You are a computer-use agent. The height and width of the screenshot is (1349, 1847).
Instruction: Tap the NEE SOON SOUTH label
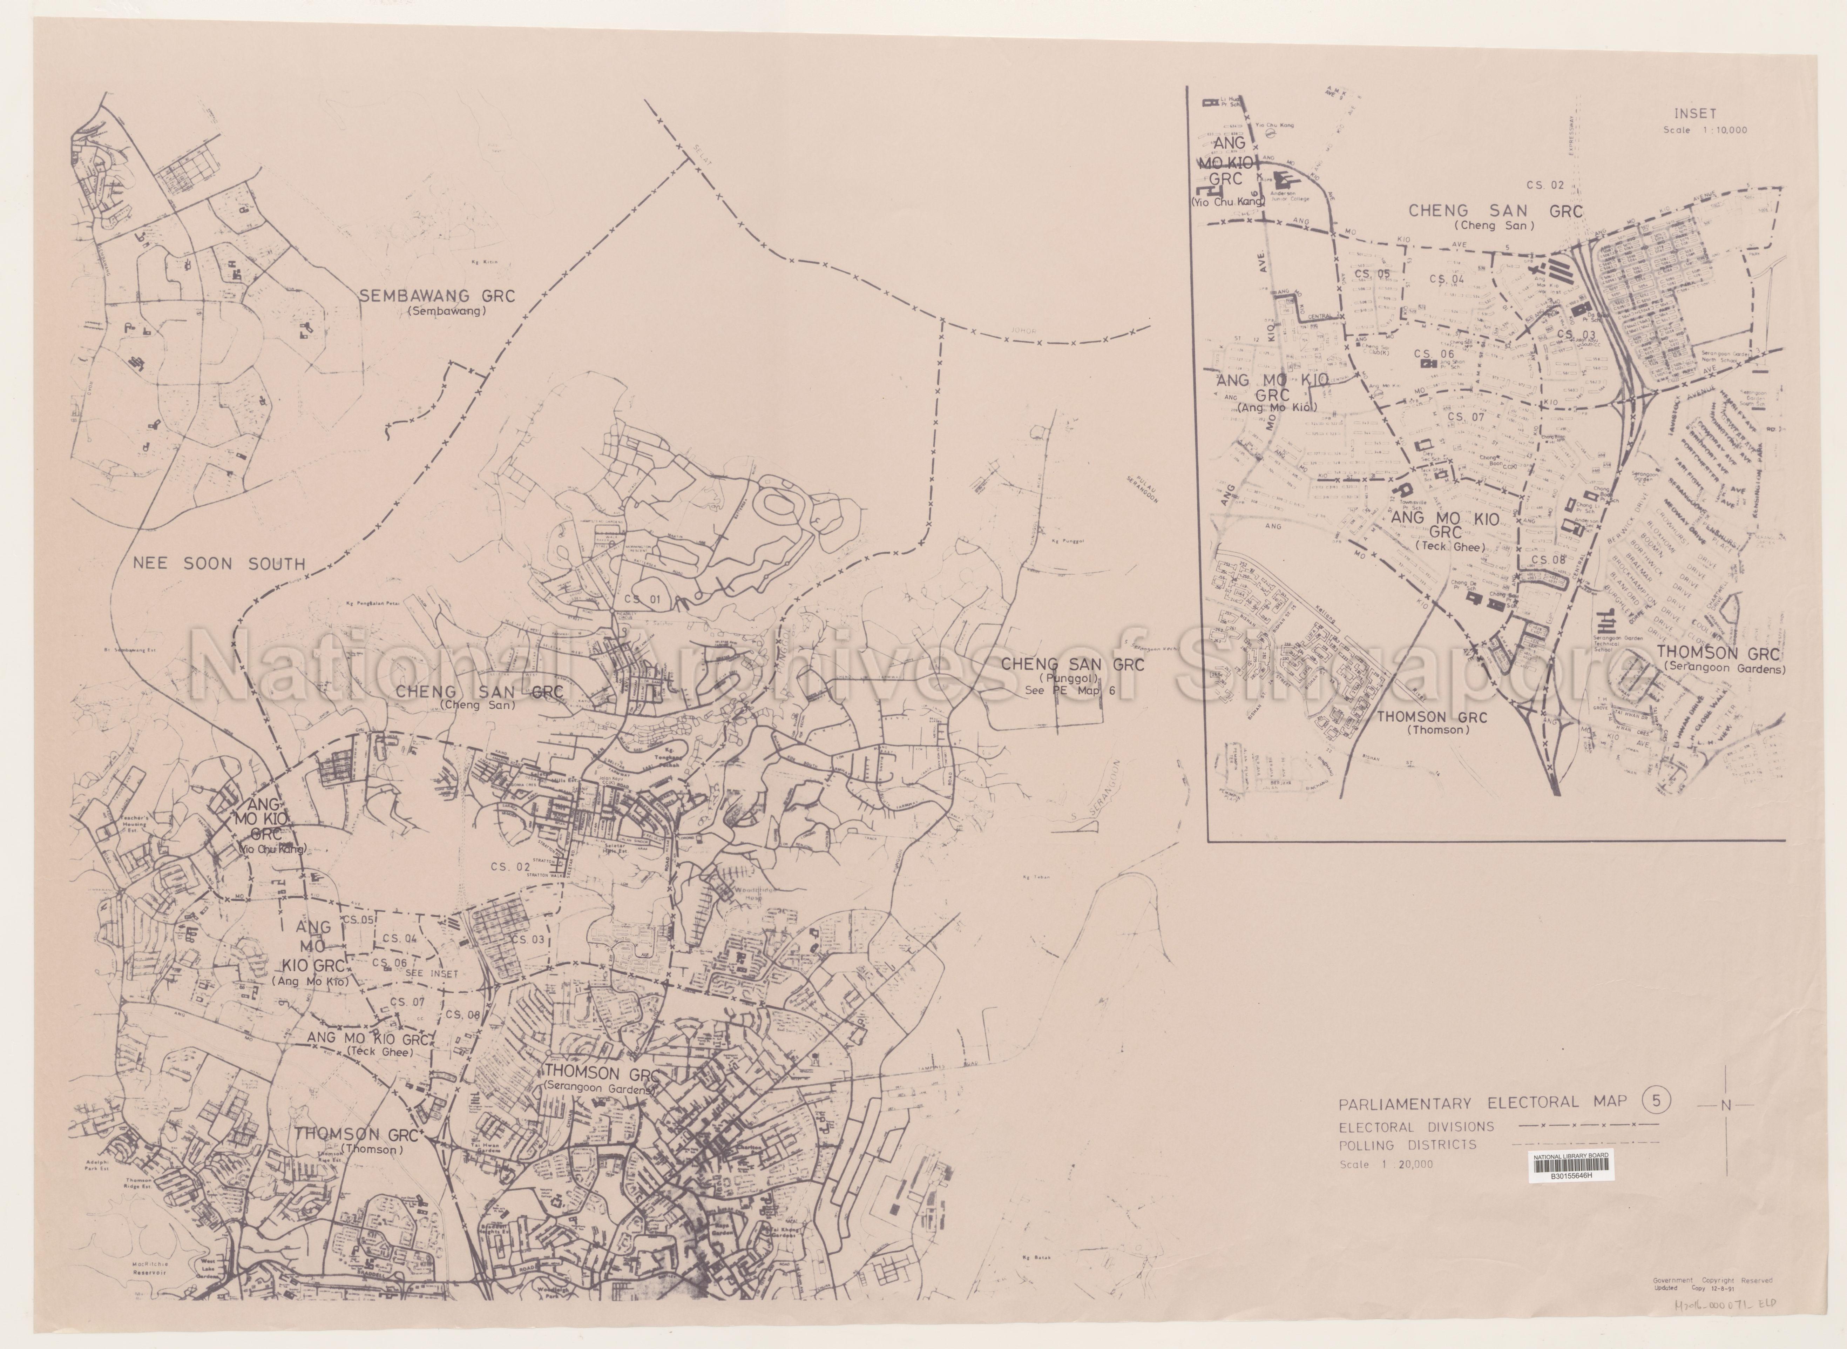(219, 564)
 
